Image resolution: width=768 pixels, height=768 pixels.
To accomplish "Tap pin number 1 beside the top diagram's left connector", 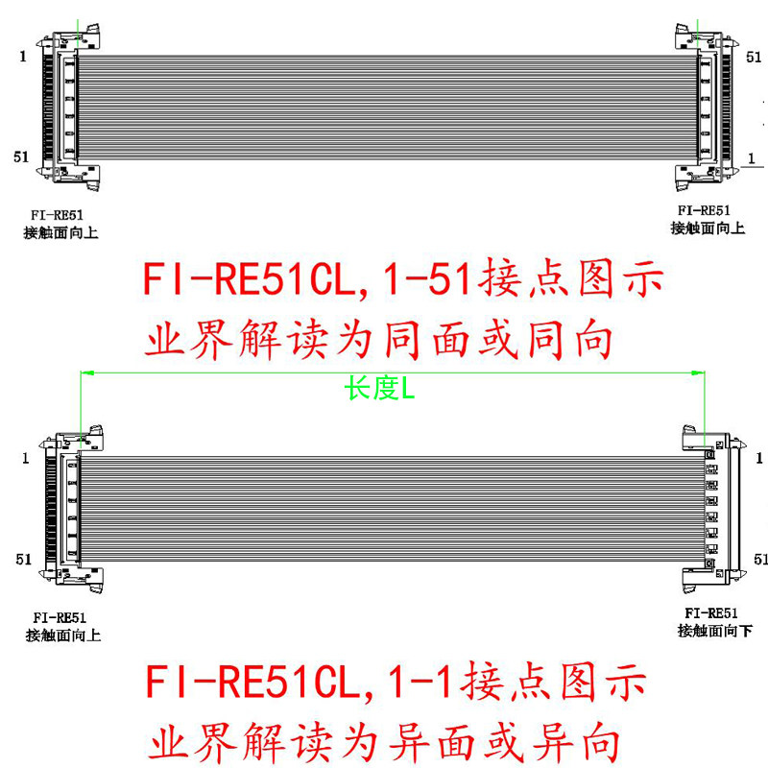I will [x=22, y=57].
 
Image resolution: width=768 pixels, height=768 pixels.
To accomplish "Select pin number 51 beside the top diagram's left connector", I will [x=22, y=156].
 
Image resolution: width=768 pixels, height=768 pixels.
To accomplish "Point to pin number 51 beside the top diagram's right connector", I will [x=755, y=57].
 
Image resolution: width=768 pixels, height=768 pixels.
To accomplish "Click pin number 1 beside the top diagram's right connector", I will [x=752, y=156].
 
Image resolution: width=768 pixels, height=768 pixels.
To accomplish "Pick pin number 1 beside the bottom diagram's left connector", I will [x=22, y=459].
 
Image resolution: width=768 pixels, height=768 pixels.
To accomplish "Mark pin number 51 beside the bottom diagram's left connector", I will [x=22, y=558].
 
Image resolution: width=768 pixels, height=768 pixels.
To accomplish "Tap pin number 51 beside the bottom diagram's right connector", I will [x=760, y=558].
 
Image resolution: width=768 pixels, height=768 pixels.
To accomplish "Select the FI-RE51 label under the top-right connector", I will [x=704, y=210].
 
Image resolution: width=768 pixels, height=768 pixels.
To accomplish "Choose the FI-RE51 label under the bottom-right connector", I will [x=710, y=612].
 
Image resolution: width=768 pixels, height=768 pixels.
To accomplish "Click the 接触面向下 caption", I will [x=715, y=630].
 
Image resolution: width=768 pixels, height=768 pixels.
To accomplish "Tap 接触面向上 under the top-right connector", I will [x=708, y=228].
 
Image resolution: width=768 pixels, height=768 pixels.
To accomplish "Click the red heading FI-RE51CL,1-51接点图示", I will [x=403, y=281].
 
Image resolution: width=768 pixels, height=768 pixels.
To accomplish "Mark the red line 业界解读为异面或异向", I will [x=379, y=741].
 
